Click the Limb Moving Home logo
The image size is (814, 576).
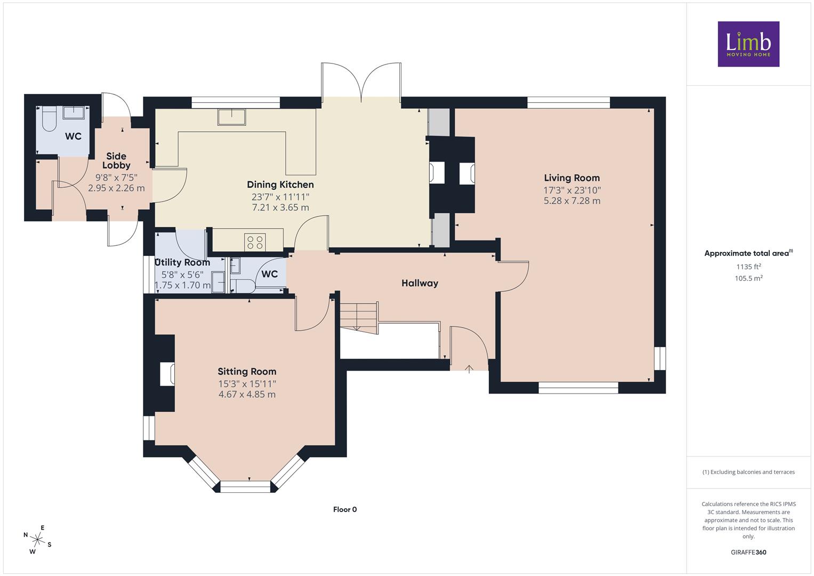click(x=748, y=44)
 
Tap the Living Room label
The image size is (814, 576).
click(x=571, y=178)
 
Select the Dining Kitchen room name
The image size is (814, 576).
click(x=280, y=185)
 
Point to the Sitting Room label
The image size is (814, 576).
click(x=247, y=372)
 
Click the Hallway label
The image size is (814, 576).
click(x=420, y=283)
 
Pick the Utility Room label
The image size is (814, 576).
click(x=182, y=262)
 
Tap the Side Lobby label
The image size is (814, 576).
click(x=116, y=161)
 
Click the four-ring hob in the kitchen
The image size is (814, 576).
click(x=255, y=243)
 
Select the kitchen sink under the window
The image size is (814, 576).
click(x=232, y=117)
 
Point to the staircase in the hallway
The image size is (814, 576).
click(x=359, y=317)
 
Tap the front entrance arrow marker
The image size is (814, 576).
click(x=469, y=370)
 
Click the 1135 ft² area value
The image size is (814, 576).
click(x=748, y=267)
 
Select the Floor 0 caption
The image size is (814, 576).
click(x=345, y=509)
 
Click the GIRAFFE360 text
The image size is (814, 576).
click(x=748, y=552)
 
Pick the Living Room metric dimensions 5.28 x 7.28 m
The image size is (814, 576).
click(x=571, y=201)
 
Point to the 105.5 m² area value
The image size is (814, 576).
click(x=748, y=278)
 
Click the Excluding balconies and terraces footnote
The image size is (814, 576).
click(x=748, y=472)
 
